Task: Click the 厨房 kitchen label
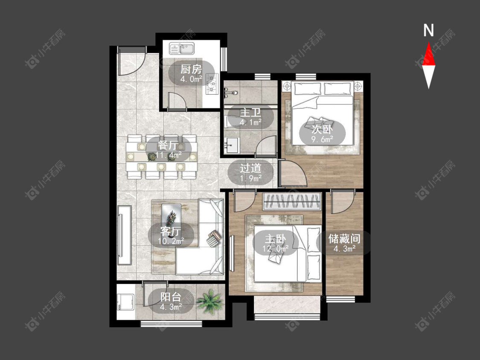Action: (x=191, y=70)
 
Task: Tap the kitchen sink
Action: (x=182, y=48)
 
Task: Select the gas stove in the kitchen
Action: (x=212, y=83)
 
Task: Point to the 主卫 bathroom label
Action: (x=250, y=112)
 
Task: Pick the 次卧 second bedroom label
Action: (x=322, y=130)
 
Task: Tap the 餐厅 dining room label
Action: (x=169, y=145)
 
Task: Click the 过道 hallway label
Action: (x=250, y=168)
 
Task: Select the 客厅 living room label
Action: (x=171, y=232)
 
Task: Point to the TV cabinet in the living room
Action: (x=124, y=235)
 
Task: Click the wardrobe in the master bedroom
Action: (x=292, y=201)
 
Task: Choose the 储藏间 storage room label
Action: (x=344, y=239)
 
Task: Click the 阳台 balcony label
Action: (x=171, y=297)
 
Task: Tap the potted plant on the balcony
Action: (x=209, y=301)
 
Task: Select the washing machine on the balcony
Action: (x=125, y=302)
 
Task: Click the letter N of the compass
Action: (x=428, y=30)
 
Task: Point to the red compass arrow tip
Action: (x=428, y=42)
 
